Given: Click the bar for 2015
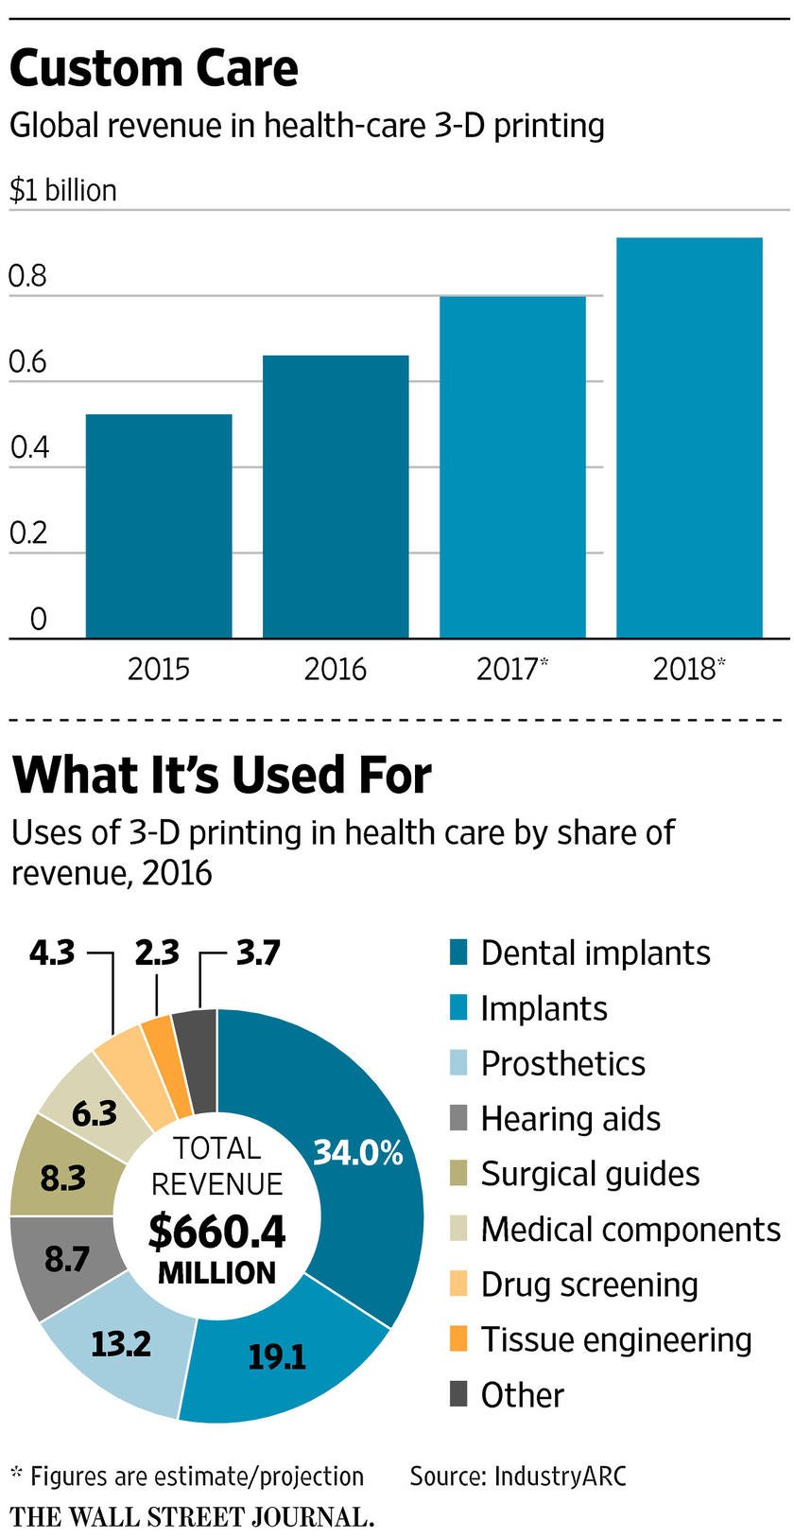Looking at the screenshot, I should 159,526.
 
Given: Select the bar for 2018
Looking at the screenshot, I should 689,438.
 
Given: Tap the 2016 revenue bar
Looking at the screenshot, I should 336,497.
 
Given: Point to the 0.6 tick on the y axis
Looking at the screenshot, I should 27,362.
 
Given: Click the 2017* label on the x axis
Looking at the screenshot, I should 511,670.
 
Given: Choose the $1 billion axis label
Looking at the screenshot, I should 63,190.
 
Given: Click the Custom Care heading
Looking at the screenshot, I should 154,69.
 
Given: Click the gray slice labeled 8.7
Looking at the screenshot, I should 67,1259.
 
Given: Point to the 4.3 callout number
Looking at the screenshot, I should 52,953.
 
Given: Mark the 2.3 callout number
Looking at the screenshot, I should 157,953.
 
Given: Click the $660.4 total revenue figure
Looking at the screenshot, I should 217,1231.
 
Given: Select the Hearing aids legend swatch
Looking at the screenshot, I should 458,1118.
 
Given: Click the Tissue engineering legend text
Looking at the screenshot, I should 616,1339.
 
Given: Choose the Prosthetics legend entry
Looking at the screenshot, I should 562,1063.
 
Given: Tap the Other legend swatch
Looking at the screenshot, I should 458,1394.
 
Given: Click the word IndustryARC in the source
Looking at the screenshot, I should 560,1477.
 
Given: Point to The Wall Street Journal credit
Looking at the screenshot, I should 192,1517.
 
